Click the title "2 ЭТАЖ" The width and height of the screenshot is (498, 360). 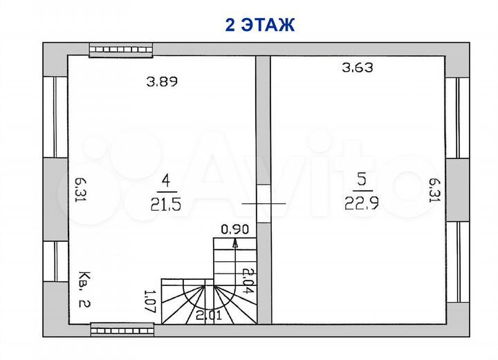[260, 25]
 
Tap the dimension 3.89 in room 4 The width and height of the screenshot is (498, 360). [162, 82]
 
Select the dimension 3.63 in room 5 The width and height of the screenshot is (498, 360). [358, 68]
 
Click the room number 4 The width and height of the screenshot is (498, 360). [166, 181]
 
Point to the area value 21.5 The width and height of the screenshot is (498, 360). [166, 205]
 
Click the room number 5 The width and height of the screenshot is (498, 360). [362, 180]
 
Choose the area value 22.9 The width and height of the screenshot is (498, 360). [362, 203]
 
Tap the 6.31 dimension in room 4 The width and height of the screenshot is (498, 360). [81, 190]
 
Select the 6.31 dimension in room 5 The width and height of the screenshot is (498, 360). [434, 190]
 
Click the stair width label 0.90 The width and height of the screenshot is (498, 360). [234, 229]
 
